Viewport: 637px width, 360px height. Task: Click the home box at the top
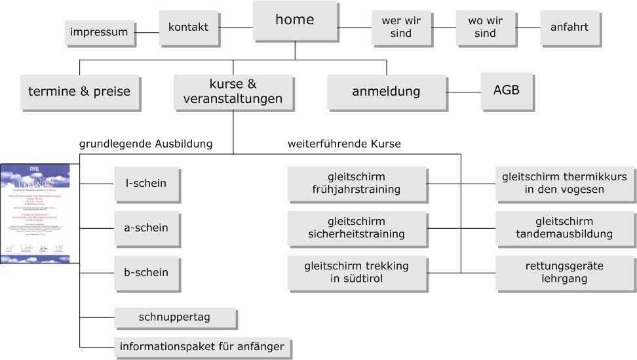point(294,20)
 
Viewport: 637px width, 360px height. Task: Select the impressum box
point(98,32)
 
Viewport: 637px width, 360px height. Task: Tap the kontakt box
point(188,28)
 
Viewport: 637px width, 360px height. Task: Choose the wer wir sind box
point(400,28)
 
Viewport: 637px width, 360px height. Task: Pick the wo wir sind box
point(485,28)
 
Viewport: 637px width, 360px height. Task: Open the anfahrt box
point(569,28)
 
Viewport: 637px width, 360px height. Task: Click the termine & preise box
point(79,92)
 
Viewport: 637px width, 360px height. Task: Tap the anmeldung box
point(386,92)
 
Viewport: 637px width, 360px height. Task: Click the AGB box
point(506,90)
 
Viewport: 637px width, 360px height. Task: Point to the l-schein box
point(145,184)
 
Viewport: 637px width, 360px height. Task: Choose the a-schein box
point(145,228)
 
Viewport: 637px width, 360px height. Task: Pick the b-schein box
point(145,273)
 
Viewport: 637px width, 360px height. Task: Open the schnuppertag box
point(174,318)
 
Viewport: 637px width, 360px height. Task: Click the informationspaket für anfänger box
point(202,347)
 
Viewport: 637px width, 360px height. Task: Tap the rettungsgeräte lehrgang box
point(564,273)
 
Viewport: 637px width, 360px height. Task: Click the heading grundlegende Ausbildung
point(145,143)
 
